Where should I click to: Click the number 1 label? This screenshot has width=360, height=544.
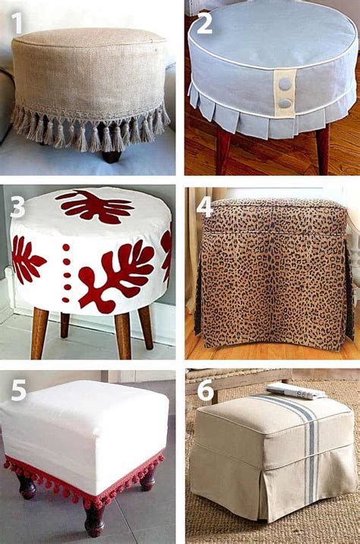[17, 23]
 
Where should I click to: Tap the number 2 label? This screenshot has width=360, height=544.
[204, 23]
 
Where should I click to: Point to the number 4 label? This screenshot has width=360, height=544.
[204, 207]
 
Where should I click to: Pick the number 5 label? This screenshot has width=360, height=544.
[17, 391]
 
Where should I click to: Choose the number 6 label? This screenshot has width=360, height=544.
[204, 391]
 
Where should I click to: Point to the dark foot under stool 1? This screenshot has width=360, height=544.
[112, 156]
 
